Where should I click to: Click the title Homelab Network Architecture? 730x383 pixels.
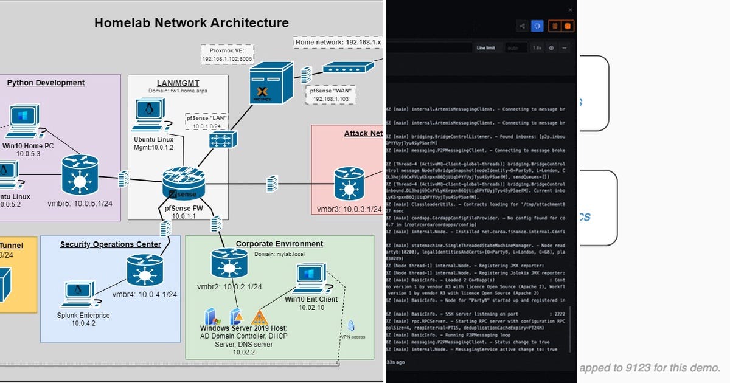[192, 23]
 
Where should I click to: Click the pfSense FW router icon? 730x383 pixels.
[184, 182]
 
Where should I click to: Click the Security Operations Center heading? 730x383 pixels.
[110, 244]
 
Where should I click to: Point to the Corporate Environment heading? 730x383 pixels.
[279, 244]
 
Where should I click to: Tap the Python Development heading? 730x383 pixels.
[46, 83]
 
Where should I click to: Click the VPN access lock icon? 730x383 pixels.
[352, 326]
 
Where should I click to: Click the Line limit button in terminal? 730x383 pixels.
[486, 47]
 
